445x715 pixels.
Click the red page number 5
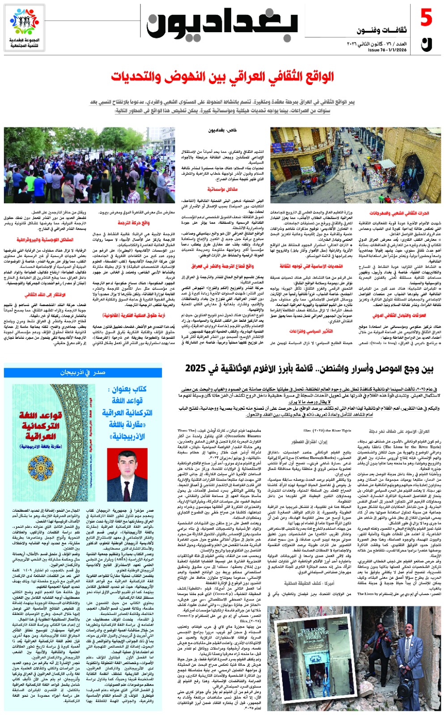coord(426,18)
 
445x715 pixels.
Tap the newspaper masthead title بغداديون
coord(222,25)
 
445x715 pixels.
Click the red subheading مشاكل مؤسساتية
coord(222,189)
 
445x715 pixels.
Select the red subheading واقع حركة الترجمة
coord(134,222)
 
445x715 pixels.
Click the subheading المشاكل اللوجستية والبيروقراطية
coord(45,240)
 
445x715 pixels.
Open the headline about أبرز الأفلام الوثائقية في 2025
coord(309,369)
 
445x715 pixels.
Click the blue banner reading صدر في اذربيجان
coord(83,372)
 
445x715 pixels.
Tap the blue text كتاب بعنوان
coord(127,389)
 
